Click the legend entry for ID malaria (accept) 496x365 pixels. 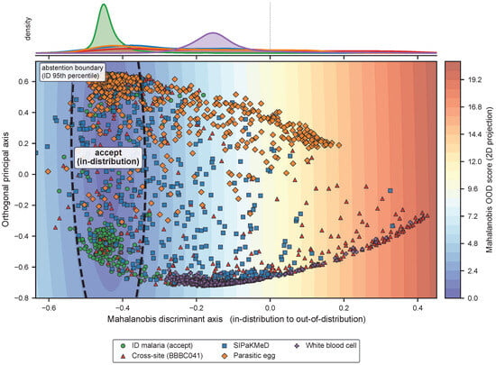158,345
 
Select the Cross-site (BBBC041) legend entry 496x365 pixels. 162,355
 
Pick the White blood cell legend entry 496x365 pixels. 326,345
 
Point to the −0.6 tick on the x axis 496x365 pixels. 49,308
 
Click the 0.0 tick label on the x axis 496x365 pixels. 271,308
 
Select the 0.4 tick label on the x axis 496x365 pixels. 418,308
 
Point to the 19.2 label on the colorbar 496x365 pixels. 475,80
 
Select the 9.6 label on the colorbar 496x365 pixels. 473,189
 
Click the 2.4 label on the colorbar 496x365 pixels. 473,271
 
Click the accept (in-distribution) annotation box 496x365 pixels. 108,157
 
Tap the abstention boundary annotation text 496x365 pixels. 72,72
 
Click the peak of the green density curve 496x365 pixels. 104,5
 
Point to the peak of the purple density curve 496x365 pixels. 213,32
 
